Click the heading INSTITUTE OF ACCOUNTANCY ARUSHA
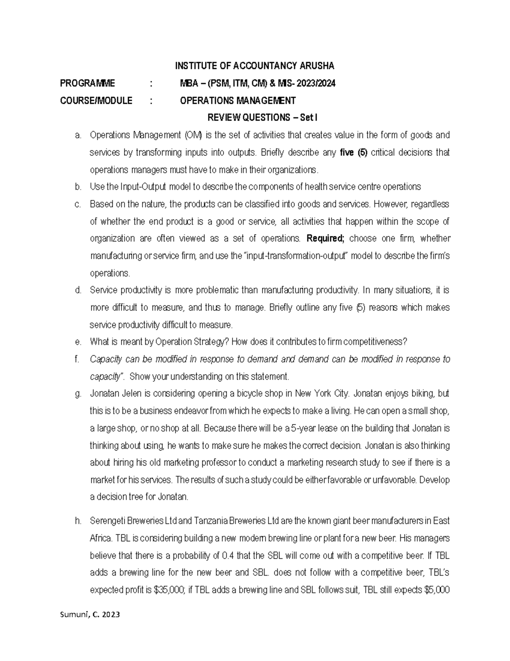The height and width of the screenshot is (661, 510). pos(255,66)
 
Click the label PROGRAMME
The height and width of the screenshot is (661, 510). pos(87,83)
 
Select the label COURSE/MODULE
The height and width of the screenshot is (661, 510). pos(96,101)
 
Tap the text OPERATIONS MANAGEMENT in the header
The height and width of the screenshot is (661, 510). pos(238,101)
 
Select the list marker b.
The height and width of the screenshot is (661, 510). pos(77,187)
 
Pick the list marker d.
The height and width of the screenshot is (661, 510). pos(77,290)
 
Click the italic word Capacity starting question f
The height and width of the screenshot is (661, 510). pos(106,359)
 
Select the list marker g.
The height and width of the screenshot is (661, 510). pos(77,394)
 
